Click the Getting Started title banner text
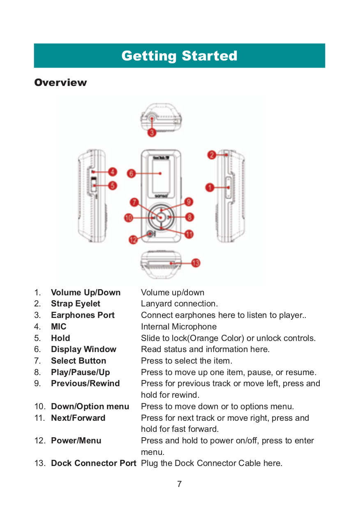click(179, 56)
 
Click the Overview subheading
click(60, 83)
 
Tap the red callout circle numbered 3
click(152, 132)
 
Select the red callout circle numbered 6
click(131, 174)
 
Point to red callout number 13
click(196, 262)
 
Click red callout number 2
click(211, 155)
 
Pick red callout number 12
click(133, 240)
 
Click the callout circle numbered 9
click(188, 202)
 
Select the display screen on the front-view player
click(161, 174)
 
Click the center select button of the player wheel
click(161, 217)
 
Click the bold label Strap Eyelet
click(76, 304)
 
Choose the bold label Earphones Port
click(83, 315)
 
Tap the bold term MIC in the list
click(58, 327)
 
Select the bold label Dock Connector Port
click(93, 463)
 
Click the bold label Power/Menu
click(76, 440)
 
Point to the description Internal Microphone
click(179, 327)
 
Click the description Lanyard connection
click(179, 304)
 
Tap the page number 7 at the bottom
click(179, 484)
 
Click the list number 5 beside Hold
click(37, 338)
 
